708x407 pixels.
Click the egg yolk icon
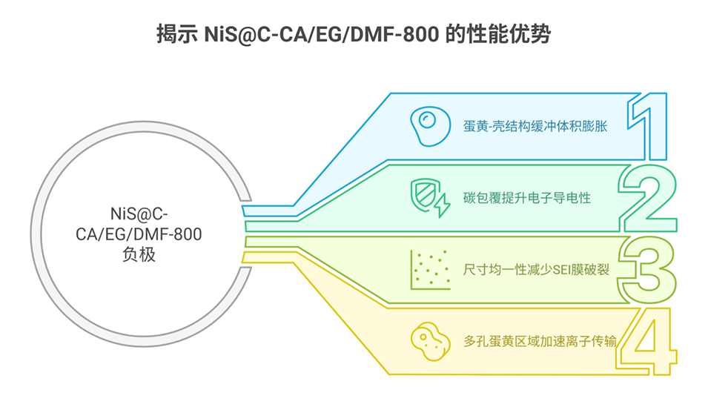426,122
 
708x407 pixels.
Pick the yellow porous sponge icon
427,340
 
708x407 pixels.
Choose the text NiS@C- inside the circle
139,215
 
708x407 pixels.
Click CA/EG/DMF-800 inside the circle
139,234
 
